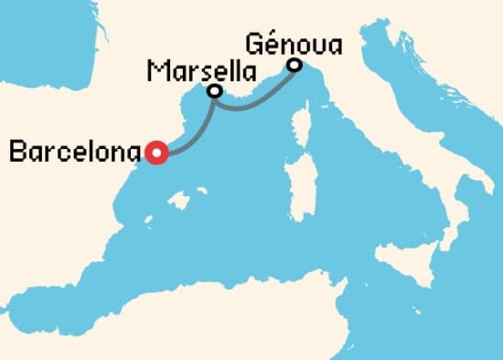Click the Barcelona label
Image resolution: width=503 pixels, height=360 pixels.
tap(75, 152)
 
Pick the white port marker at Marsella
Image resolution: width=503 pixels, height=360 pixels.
tap(215, 91)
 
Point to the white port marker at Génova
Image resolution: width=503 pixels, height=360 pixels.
tap(294, 65)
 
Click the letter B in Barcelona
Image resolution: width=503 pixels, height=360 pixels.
tap(16, 152)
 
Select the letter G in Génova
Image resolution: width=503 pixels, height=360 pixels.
tap(253, 43)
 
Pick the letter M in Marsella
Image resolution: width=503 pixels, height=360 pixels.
tap(154, 70)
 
